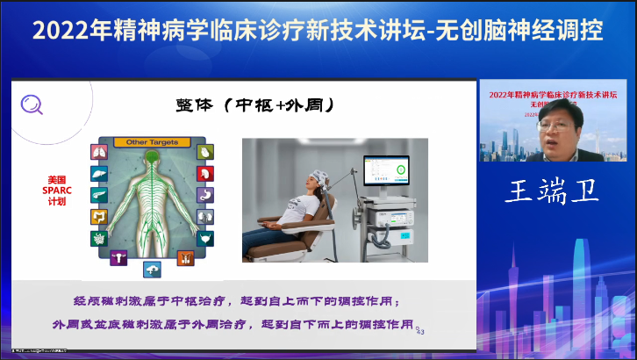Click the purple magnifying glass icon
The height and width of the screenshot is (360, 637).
tap(32, 104)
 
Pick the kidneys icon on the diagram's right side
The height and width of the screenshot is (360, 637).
tap(204, 216)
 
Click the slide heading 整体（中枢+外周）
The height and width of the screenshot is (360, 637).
tap(278, 105)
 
